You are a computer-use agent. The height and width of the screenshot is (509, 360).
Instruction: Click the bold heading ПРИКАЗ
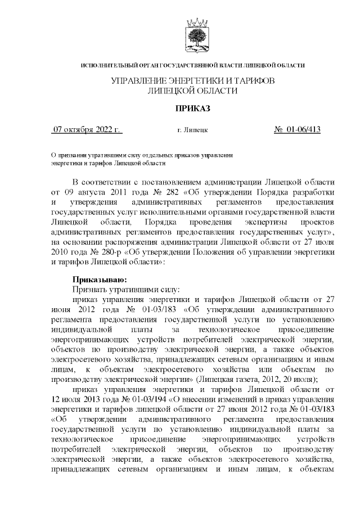pos(193,108)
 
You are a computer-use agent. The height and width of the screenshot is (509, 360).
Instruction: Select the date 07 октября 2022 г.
pos(87,130)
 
